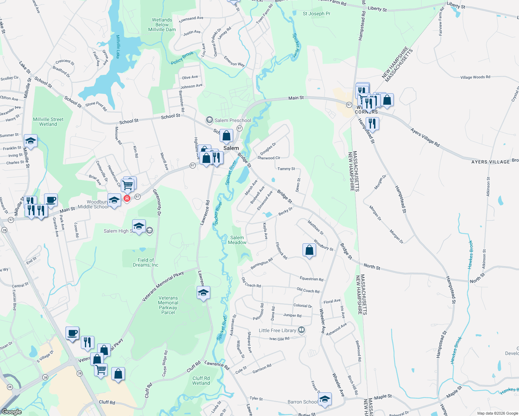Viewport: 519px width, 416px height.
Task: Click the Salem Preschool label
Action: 232,120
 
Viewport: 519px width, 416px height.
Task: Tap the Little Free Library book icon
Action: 301,330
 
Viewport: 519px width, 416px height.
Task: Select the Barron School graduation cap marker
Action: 325,399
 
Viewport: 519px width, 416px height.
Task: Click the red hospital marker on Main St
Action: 127,198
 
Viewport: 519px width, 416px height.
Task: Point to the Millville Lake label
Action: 118,46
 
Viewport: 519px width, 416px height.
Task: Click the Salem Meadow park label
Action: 237,240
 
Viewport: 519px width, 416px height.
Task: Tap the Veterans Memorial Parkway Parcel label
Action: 168,305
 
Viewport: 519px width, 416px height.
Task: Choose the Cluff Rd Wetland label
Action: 201,381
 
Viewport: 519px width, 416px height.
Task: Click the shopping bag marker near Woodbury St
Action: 309,250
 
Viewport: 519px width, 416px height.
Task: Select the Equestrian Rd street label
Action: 311,279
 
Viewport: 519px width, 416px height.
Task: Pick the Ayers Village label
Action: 490,162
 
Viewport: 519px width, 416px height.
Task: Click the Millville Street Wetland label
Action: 48,122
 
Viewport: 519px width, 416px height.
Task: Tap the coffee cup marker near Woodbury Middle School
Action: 51,200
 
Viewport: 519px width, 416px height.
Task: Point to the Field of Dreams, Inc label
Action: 146,262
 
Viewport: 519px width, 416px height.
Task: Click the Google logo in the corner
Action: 11,411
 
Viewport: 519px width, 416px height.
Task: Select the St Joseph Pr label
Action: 316,14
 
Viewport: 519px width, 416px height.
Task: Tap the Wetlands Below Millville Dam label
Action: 162,25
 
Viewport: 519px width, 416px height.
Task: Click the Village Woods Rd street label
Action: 475,77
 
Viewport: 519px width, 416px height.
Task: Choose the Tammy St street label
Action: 286,169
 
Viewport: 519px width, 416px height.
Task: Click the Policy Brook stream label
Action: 182,58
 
